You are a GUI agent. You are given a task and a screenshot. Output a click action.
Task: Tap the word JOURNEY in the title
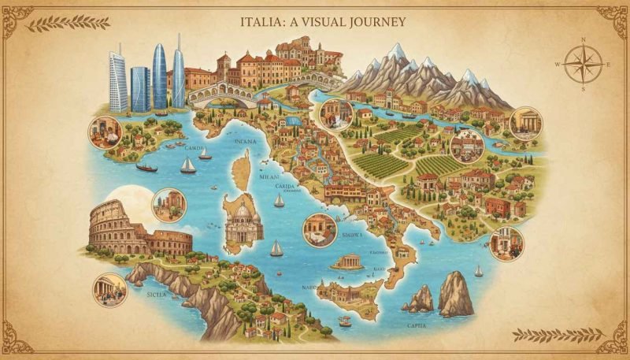377,21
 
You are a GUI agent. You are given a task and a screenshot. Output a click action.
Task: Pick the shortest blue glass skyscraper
140,88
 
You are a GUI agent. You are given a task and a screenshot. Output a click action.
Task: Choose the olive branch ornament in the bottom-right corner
551,334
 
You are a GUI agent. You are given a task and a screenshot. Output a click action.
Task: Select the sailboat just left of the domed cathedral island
188,165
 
